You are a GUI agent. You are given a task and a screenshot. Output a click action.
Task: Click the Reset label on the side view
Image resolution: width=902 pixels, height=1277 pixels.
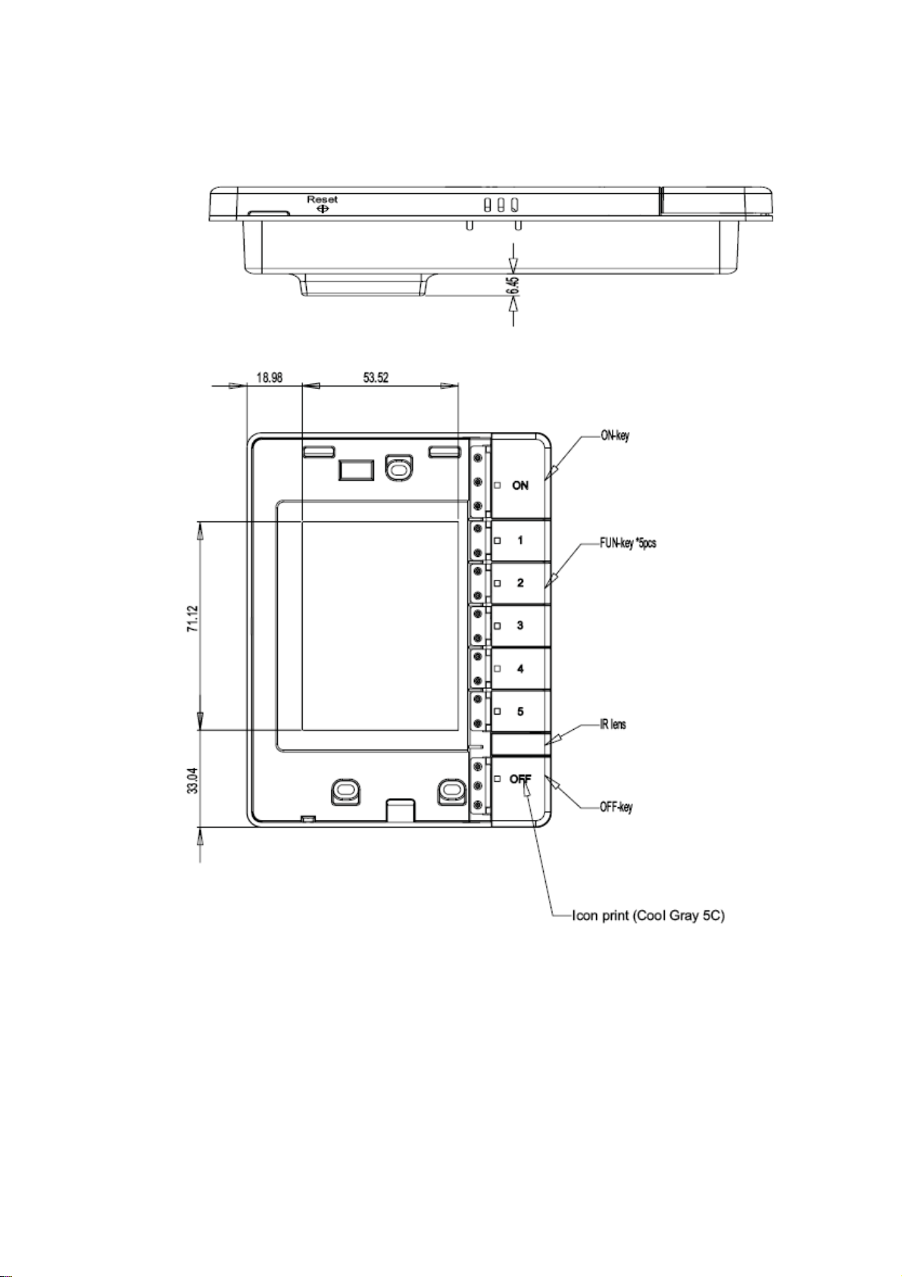pyautogui.click(x=322, y=199)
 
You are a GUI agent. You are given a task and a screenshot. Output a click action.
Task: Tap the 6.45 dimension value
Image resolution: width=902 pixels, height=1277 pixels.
pyautogui.click(x=514, y=284)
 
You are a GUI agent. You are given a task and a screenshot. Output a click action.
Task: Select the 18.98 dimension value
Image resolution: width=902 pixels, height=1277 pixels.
pyautogui.click(x=269, y=377)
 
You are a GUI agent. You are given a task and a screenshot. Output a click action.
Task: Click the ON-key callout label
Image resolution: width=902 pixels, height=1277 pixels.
pyautogui.click(x=614, y=437)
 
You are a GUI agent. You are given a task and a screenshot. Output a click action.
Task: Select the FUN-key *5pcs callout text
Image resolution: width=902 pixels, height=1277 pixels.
pyautogui.click(x=628, y=543)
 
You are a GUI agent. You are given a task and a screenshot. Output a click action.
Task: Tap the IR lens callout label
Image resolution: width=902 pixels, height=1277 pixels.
pyautogui.click(x=613, y=725)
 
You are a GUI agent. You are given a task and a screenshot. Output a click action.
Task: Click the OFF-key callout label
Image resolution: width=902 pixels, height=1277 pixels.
pyautogui.click(x=616, y=807)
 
